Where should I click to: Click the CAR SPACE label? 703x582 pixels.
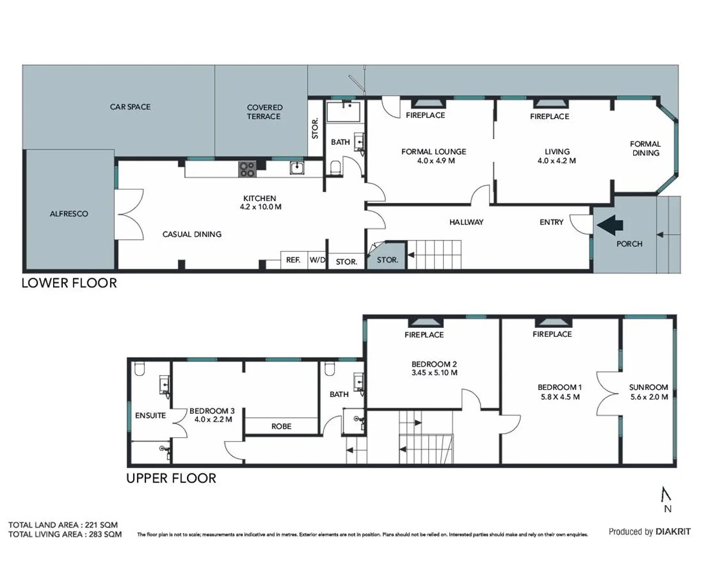(x=130, y=107)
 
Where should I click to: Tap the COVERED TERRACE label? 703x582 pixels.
(x=265, y=112)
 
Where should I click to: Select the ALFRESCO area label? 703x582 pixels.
(x=69, y=213)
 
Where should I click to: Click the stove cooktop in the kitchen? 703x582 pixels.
(x=248, y=169)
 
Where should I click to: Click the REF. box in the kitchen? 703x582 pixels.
(x=292, y=261)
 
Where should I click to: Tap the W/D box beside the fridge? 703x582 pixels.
(x=317, y=261)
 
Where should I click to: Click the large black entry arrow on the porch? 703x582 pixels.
(x=611, y=225)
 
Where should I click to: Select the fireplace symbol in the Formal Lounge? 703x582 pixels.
(x=426, y=102)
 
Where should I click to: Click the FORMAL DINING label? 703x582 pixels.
(x=645, y=149)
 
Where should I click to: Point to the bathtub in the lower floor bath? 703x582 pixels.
(x=345, y=112)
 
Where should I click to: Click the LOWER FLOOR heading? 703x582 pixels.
(x=70, y=283)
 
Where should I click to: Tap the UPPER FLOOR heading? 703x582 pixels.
(x=171, y=479)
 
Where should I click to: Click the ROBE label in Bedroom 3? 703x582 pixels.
(x=281, y=426)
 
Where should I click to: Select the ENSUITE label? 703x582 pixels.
(x=151, y=416)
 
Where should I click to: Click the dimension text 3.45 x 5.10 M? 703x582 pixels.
(x=435, y=372)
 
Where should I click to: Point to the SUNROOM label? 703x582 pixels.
(x=649, y=387)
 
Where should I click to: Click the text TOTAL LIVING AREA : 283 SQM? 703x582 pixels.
(x=65, y=535)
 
